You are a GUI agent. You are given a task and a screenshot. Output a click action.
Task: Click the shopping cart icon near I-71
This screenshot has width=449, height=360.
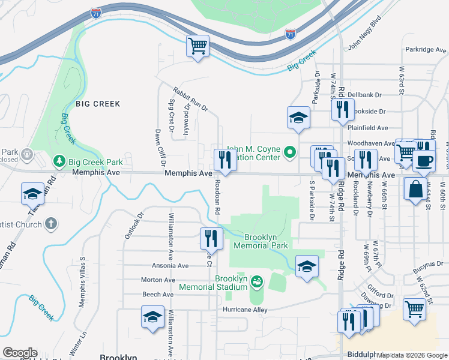click(198, 46)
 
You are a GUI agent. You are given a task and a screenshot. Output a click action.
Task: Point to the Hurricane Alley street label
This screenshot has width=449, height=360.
click(244, 310)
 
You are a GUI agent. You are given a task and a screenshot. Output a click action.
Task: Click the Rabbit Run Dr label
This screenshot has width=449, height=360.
click(190, 100)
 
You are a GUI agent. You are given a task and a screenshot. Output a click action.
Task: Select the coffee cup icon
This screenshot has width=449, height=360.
click(424, 161)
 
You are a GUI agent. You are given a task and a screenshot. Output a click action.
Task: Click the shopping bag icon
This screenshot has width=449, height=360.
click(415, 189)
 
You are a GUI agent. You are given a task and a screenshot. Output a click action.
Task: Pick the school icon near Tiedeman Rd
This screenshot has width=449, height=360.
click(32, 194)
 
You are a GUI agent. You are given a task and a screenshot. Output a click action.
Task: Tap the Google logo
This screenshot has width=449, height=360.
click(20, 353)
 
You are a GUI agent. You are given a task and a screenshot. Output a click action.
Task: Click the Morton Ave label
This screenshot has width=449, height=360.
click(158, 280)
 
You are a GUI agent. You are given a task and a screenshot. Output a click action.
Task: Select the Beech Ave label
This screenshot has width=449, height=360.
click(158, 295)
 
